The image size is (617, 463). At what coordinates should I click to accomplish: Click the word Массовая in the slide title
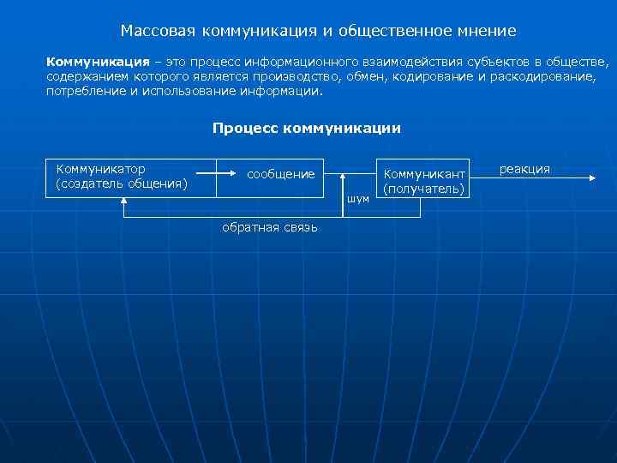[157, 32]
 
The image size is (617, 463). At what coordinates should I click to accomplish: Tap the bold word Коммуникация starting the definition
[92, 63]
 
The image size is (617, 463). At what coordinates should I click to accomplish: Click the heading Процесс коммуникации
[307, 129]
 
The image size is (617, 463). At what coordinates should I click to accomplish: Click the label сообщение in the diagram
[280, 174]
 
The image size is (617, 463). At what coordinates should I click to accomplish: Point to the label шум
[358, 199]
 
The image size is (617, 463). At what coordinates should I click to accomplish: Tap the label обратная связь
[269, 227]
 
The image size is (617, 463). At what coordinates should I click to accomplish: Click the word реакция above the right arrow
[524, 169]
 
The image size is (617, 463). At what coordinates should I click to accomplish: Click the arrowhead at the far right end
[590, 177]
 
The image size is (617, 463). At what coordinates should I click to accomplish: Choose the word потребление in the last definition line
[85, 90]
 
